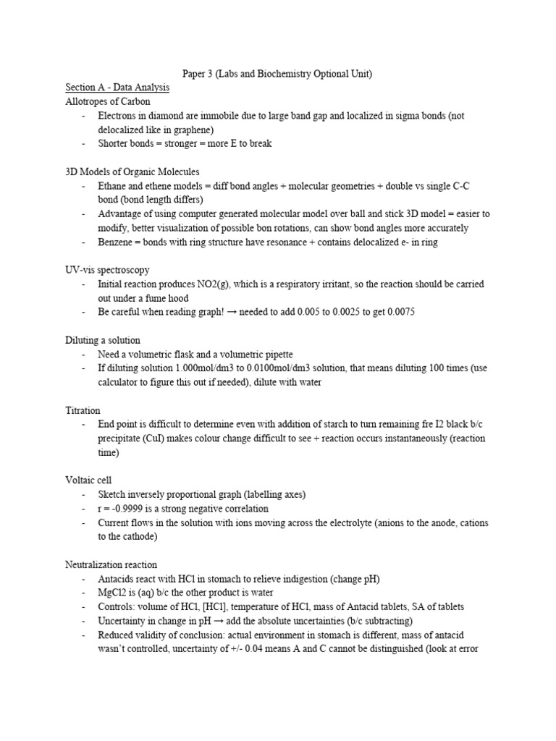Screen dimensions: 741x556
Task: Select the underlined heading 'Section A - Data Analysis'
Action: pos(117,88)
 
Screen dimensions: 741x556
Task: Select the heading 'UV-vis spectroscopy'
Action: pos(107,270)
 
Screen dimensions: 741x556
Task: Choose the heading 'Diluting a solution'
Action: pos(103,340)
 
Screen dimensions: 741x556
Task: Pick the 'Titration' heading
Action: pos(83,410)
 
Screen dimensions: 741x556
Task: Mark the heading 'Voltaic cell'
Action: pos(88,480)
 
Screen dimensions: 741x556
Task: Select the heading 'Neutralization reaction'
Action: pos(111,564)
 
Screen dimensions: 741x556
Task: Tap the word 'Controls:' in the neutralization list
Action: pos(118,606)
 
